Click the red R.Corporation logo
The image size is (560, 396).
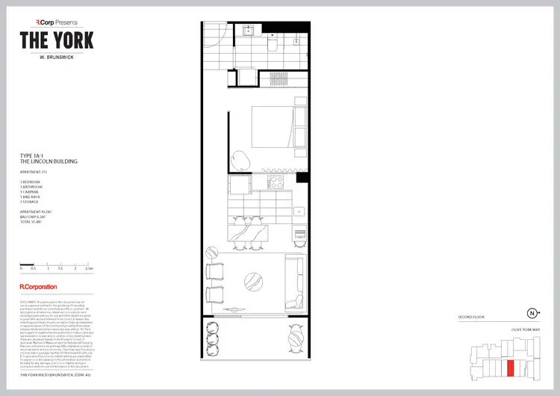[x=39, y=286]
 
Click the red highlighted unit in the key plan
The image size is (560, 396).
[x=511, y=368]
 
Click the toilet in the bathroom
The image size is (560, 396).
[x=274, y=46]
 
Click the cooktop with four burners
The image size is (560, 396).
[x=265, y=182]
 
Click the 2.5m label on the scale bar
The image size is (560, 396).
[x=89, y=267]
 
